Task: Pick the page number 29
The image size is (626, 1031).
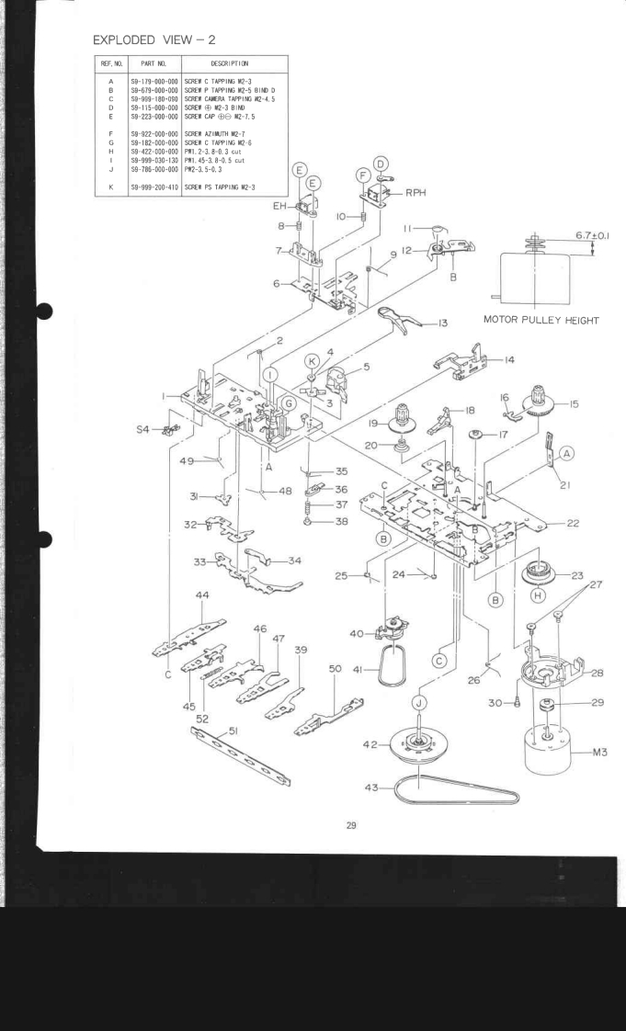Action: pyautogui.click(x=350, y=825)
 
